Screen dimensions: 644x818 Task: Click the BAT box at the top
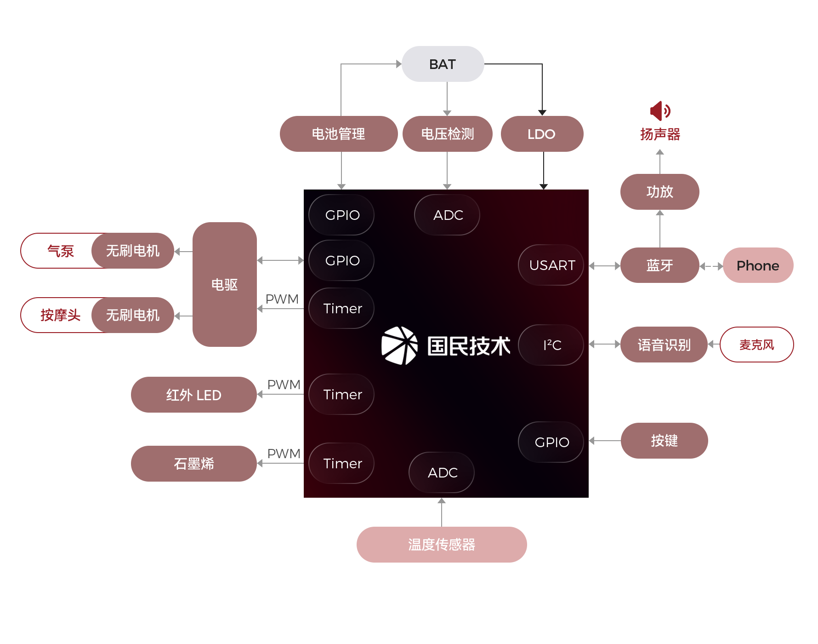click(442, 64)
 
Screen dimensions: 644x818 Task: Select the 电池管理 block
click(338, 134)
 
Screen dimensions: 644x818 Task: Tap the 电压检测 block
click(447, 134)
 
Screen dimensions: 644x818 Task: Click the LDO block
click(541, 134)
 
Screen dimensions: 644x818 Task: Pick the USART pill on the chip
click(551, 265)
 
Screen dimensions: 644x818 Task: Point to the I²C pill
click(551, 345)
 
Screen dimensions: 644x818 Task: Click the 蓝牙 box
click(659, 265)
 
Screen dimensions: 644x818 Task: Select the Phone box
click(757, 265)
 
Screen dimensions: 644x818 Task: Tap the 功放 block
click(659, 192)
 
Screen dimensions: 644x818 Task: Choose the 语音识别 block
click(663, 345)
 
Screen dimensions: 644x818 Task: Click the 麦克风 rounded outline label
click(756, 345)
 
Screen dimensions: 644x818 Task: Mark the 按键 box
click(664, 441)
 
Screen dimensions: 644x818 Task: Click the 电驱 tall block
click(224, 284)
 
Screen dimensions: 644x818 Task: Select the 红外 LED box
click(193, 395)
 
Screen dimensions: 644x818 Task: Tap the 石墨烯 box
click(193, 464)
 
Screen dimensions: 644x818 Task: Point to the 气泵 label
click(60, 251)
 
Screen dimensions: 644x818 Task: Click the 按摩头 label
click(60, 315)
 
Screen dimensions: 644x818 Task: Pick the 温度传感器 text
click(441, 545)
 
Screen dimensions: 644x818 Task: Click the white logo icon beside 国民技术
click(399, 345)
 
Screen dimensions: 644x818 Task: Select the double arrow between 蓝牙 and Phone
click(711, 266)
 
